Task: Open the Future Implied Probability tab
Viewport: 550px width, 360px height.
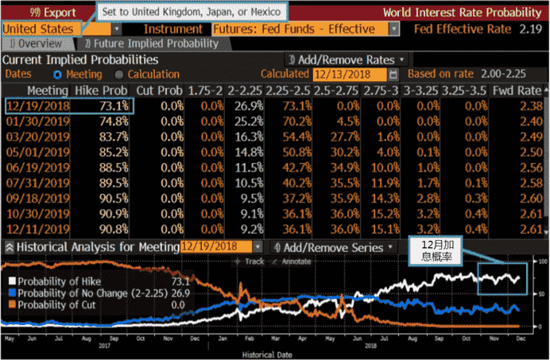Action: tap(150, 43)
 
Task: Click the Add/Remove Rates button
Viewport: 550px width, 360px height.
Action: tap(347, 60)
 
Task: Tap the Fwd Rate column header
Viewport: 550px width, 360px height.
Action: tap(525, 91)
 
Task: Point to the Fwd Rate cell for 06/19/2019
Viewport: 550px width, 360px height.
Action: tap(528, 167)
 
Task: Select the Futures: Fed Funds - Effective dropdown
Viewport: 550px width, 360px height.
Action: tap(306, 29)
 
